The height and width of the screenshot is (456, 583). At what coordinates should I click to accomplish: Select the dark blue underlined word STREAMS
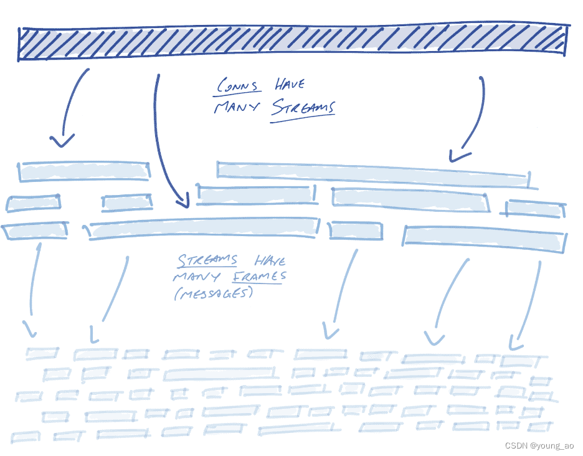(303, 108)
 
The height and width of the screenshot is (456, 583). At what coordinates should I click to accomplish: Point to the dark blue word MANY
(238, 107)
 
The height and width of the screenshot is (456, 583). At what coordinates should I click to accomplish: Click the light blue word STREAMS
(208, 260)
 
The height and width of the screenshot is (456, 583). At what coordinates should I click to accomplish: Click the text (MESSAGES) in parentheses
(214, 293)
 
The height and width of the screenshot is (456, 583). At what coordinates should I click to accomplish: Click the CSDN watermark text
(516, 445)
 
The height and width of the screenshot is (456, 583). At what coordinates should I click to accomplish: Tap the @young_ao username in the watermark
(552, 445)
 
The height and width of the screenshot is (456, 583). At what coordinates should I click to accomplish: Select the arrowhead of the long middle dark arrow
(182, 201)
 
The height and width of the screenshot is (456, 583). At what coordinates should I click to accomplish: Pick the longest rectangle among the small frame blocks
(219, 374)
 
